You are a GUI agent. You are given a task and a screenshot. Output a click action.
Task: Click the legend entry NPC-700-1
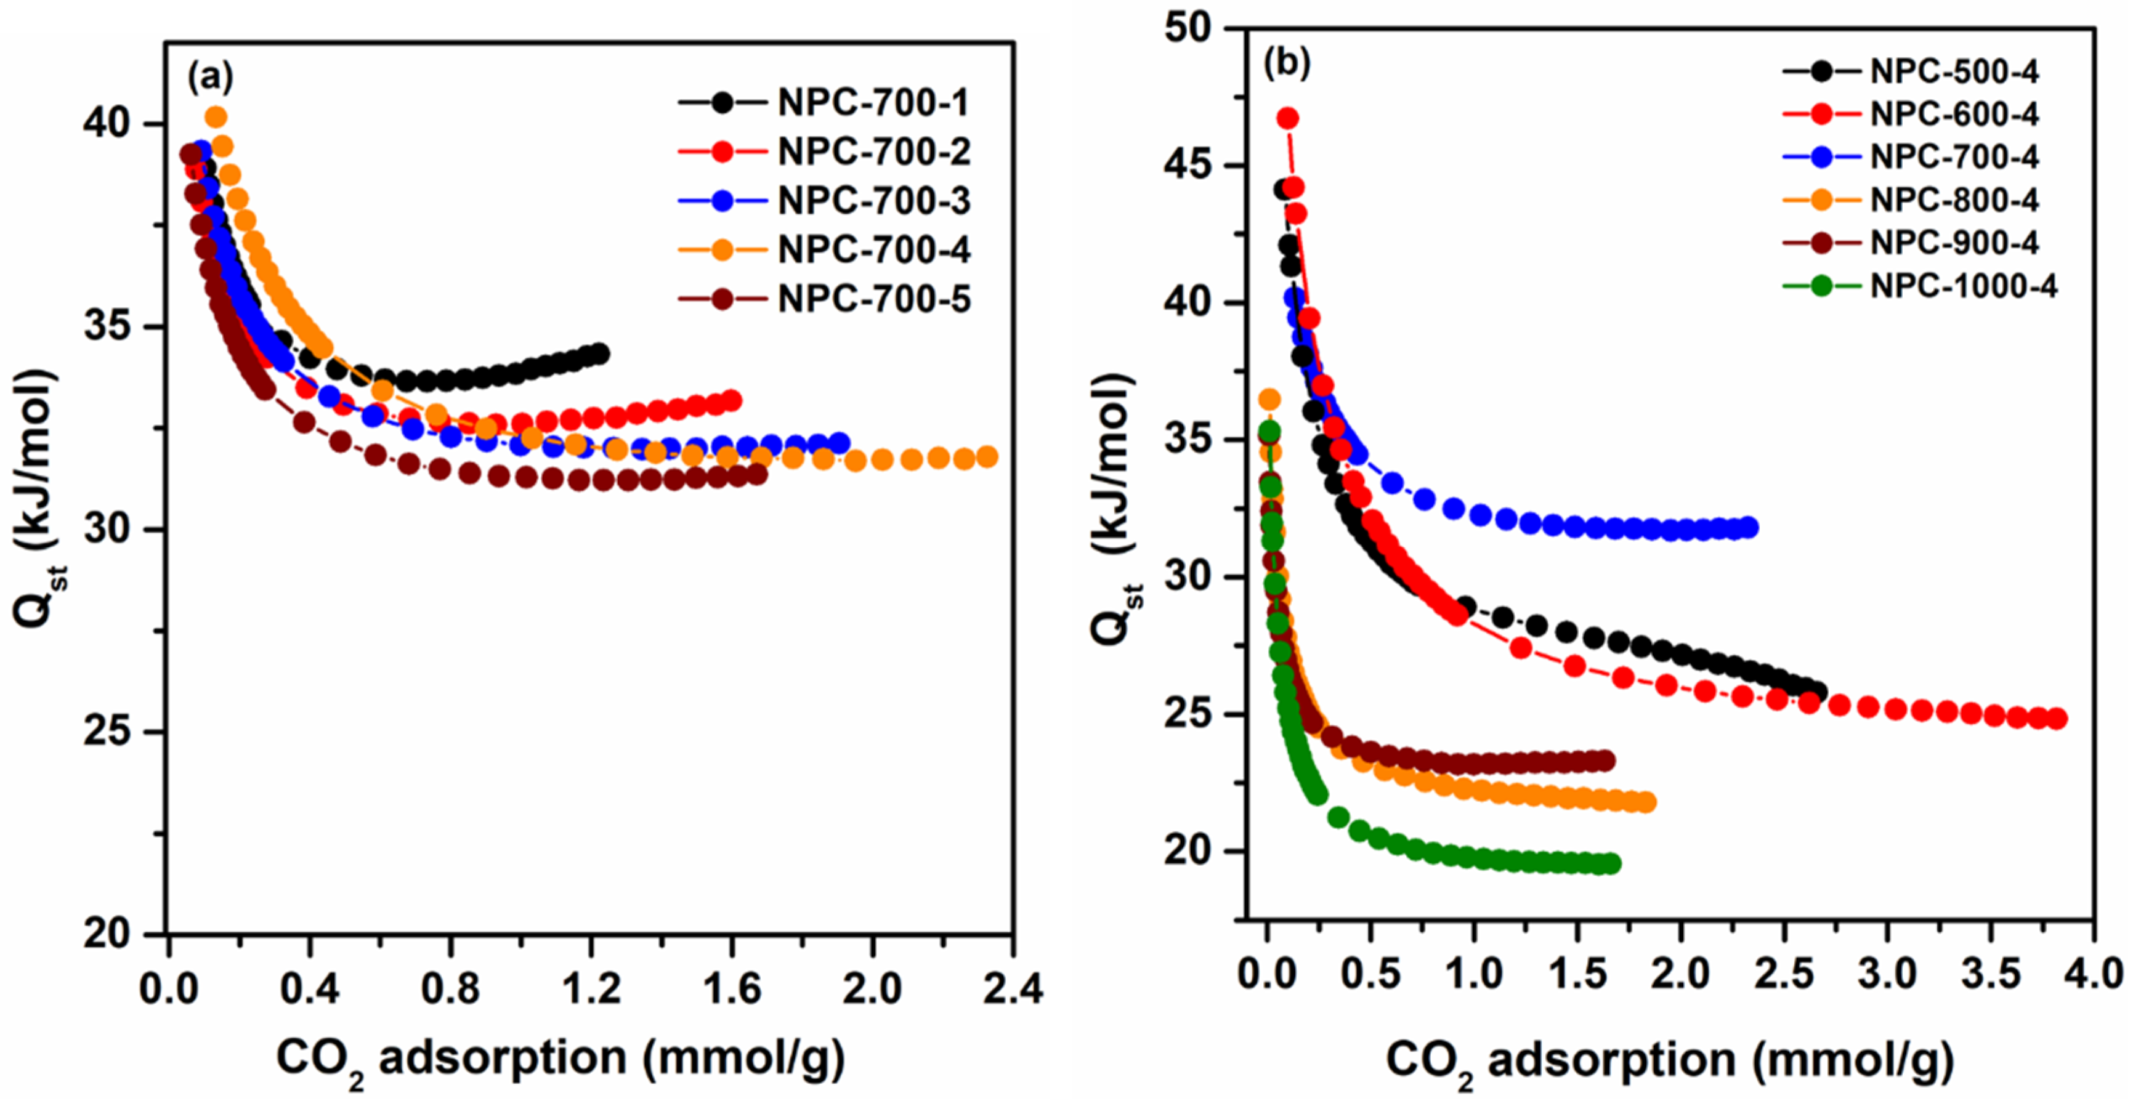(x=873, y=103)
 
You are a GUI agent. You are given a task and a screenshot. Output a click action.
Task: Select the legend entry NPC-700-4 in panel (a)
(x=873, y=250)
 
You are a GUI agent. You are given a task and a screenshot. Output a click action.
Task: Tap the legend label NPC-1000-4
(x=1963, y=286)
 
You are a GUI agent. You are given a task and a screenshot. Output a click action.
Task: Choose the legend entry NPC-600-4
(x=1955, y=115)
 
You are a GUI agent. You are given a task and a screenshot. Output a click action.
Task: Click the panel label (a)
(x=210, y=77)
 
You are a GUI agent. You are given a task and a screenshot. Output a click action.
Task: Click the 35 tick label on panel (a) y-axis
(x=108, y=327)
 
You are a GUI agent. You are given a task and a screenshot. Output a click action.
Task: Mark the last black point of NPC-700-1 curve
(x=599, y=354)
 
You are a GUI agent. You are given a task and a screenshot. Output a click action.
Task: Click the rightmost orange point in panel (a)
(x=987, y=457)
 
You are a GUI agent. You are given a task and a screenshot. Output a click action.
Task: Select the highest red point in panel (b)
(x=1287, y=118)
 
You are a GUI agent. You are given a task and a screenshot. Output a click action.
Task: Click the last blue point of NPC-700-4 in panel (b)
(x=1749, y=527)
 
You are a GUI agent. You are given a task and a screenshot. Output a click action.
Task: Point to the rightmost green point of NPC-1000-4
(x=1611, y=864)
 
